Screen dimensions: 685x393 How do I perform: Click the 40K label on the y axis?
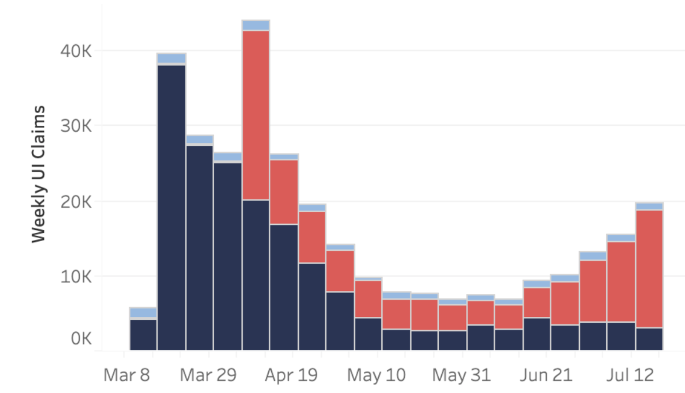pos(76,51)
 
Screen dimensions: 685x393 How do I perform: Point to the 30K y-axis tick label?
pos(76,126)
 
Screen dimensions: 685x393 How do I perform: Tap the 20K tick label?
pos(76,202)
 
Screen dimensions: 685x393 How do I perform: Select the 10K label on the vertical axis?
pos(76,277)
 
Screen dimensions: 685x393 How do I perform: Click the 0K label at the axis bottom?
pos(81,338)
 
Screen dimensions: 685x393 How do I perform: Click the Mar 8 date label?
pos(127,375)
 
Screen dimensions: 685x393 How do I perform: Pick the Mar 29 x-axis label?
pos(208,375)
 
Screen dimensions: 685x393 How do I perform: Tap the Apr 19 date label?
pos(291,375)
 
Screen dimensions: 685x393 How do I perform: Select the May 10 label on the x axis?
pos(376,375)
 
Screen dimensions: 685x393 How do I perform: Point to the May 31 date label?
pos(461,375)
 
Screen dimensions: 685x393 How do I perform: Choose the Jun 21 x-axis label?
pos(546,375)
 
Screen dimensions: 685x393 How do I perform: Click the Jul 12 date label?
pos(630,375)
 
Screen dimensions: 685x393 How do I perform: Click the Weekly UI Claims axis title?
pos(38,174)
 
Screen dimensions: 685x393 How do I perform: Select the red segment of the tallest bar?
pos(256,115)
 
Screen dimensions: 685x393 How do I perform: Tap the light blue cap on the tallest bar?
pos(256,25)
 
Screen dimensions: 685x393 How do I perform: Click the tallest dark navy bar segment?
pos(172,207)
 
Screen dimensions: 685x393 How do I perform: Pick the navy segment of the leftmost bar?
pos(143,335)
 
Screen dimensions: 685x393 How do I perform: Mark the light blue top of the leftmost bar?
pos(143,313)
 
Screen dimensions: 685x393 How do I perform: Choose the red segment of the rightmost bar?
pos(649,269)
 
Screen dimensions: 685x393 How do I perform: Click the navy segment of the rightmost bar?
pos(649,339)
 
